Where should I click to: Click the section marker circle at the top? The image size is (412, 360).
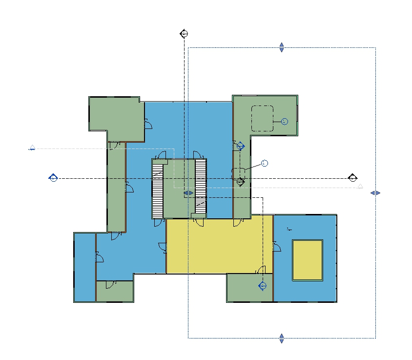point(184,34)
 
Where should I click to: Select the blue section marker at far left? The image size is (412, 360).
point(53,178)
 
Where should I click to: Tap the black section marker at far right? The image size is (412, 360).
point(352,178)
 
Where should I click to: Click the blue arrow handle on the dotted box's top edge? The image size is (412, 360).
point(282,47)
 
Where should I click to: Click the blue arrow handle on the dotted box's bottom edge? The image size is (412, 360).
point(282,338)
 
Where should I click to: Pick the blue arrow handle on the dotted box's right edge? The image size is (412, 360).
point(375,193)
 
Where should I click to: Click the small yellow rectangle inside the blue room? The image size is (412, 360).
point(307,260)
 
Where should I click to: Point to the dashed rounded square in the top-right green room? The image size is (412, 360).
point(262,118)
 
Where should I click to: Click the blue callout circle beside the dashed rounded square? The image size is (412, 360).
point(285,121)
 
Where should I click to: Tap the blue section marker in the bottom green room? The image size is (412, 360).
point(262,286)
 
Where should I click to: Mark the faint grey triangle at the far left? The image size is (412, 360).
point(32,148)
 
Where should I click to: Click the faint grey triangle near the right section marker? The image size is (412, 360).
point(360,187)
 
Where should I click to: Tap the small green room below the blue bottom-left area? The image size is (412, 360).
point(114,292)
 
